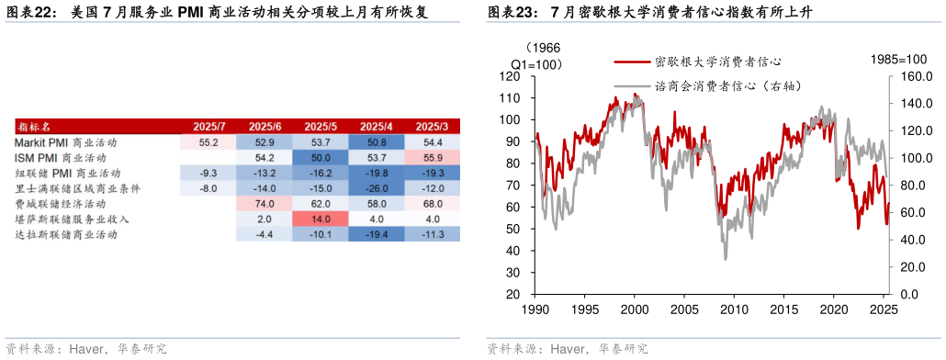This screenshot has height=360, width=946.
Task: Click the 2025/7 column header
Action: (x=208, y=126)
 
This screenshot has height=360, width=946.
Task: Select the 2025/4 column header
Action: (x=376, y=126)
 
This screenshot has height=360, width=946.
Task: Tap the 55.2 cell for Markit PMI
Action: (x=208, y=142)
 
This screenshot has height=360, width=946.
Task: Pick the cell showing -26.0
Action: (x=376, y=188)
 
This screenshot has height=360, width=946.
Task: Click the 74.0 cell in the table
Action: (x=265, y=204)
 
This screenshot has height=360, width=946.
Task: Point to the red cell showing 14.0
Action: (x=321, y=219)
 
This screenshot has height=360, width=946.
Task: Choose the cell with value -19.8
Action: (x=376, y=173)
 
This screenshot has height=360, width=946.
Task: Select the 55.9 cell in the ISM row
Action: (x=432, y=158)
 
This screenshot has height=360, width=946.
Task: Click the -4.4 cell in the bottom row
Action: (x=265, y=235)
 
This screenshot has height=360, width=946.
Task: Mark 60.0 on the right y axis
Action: (x=914, y=212)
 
